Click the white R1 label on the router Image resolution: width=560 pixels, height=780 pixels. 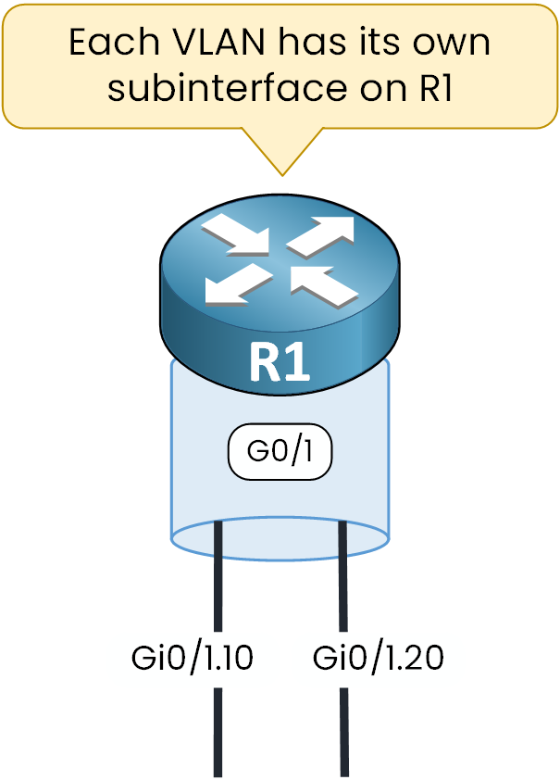click(280, 364)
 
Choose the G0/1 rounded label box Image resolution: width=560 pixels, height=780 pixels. click(280, 454)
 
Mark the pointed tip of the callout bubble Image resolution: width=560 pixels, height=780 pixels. click(282, 173)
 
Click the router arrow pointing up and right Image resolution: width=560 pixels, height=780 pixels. click(322, 236)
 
